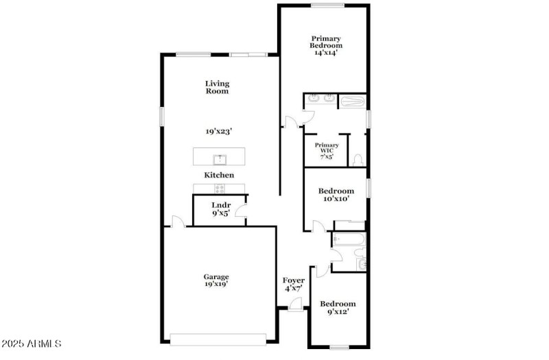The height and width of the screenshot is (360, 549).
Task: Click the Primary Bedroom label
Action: pos(327,42)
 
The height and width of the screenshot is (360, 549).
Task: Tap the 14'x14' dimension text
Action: pos(327,52)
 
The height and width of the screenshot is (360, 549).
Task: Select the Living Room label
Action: pos(217,87)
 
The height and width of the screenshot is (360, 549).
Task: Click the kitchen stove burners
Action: pos(220,189)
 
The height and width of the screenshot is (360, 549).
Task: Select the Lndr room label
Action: pos(220,205)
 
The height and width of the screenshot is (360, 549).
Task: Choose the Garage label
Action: pos(216,276)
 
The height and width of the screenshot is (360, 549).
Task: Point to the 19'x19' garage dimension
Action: pos(216,283)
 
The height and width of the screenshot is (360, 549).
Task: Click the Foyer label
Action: pos(294,280)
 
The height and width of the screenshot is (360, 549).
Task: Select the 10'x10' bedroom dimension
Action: pos(336,200)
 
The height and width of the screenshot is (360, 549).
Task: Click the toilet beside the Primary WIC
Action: pos(357,160)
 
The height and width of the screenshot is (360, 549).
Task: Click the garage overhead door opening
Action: pos(218,338)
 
